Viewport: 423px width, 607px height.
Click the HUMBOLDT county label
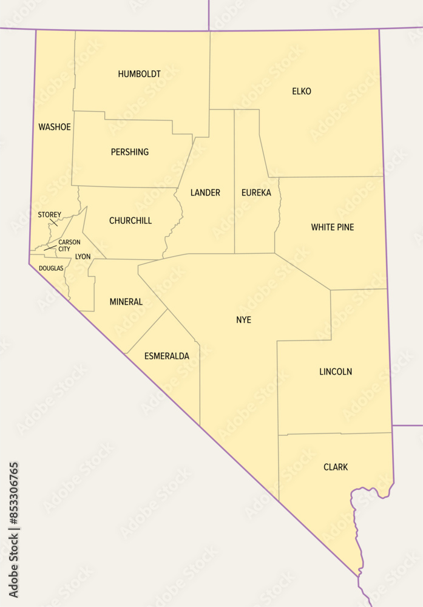click(x=140, y=74)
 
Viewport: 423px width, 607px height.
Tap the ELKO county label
click(x=302, y=92)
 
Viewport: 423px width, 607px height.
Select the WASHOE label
click(x=55, y=127)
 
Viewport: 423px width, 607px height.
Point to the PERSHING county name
click(x=130, y=152)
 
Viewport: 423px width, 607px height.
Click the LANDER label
click(x=205, y=193)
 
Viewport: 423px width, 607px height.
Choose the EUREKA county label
click(x=256, y=193)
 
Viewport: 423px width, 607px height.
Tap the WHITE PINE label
click(x=333, y=228)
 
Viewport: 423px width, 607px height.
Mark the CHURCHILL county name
click(x=130, y=221)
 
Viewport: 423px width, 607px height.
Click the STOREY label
click(x=49, y=215)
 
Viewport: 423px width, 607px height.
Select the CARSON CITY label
click(x=69, y=245)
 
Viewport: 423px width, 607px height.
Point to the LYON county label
click(x=83, y=257)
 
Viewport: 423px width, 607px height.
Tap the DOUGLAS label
click(x=51, y=268)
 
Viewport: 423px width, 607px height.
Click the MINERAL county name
click(x=126, y=302)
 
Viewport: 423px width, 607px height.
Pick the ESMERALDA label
click(x=167, y=356)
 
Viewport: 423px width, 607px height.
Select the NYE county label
click(x=243, y=320)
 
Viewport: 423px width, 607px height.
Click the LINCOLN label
click(x=336, y=371)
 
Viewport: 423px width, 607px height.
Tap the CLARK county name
click(x=336, y=467)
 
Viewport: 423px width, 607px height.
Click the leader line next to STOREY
click(x=53, y=222)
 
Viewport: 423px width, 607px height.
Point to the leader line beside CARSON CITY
click(x=50, y=248)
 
